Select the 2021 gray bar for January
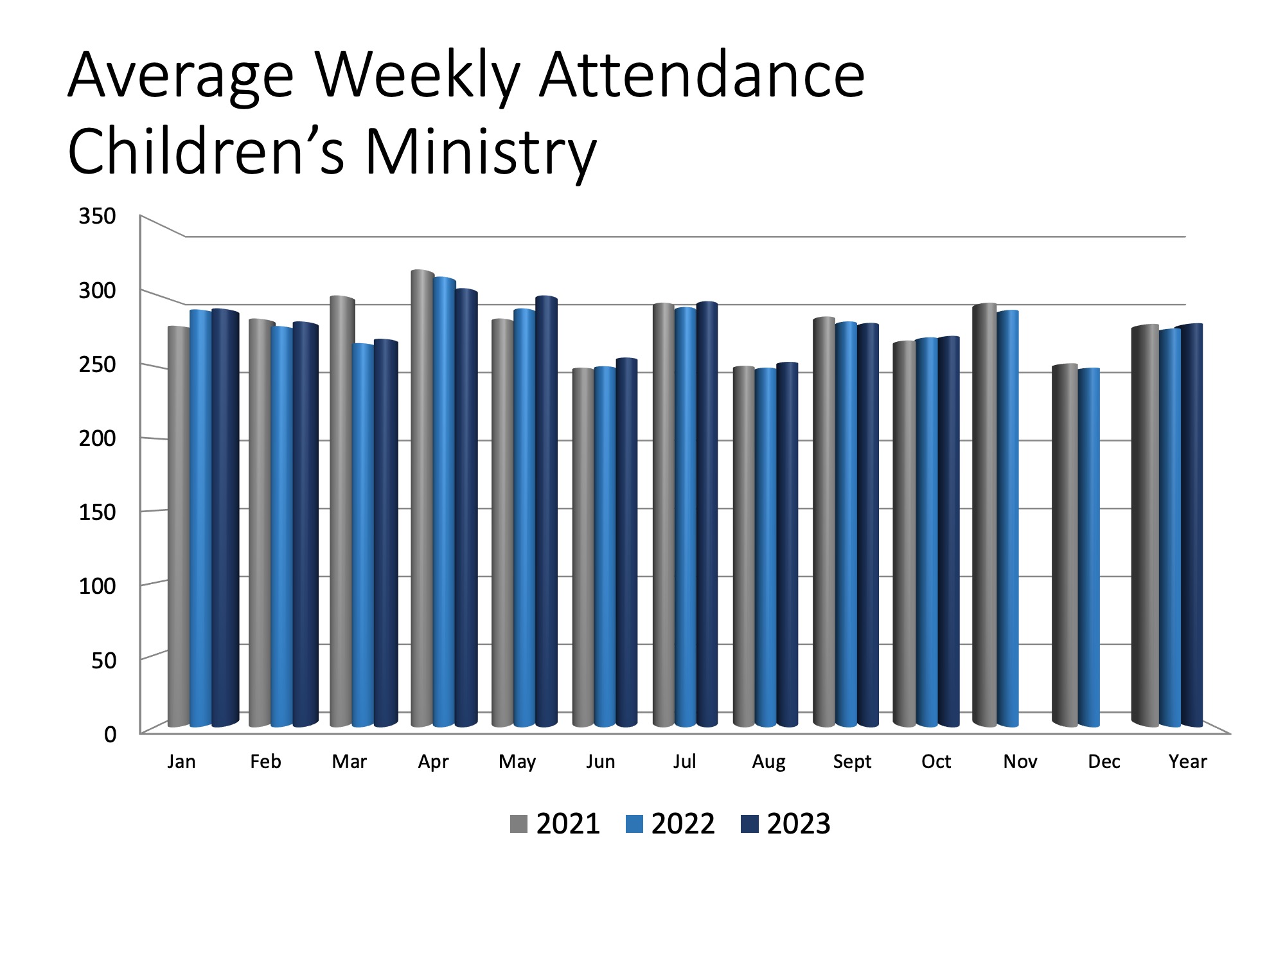178,526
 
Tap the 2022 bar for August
765,547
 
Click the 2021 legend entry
555,824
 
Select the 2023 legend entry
786,824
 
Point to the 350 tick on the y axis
97,216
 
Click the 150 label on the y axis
97,512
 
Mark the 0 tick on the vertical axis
110,734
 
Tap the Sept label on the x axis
852,762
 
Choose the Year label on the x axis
1187,762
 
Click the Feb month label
265,762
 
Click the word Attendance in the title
702,76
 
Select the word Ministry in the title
481,153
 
